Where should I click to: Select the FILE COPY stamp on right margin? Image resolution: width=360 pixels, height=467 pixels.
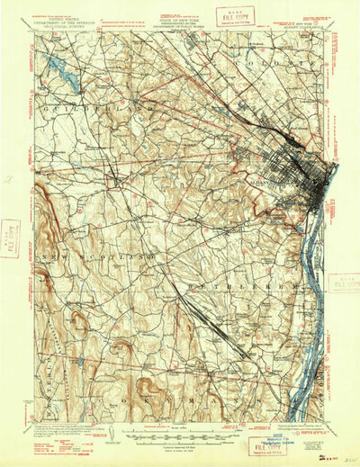pos(345,283)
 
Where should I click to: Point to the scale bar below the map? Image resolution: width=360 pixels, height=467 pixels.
pos(180,435)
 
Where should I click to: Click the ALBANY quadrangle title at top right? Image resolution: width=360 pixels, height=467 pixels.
pos(315,25)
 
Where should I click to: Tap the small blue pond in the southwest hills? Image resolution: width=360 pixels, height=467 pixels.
pos(81,361)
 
